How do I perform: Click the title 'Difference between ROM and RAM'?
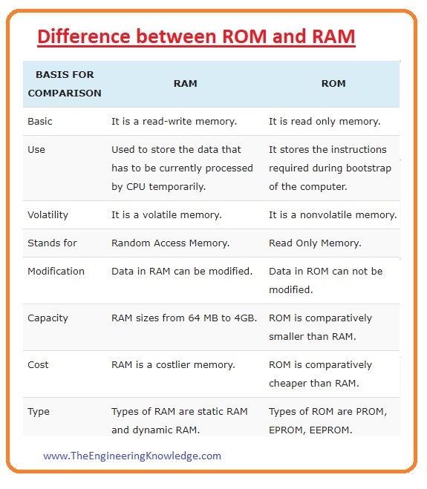coord(197,36)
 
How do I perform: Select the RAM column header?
coord(185,84)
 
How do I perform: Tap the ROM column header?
coord(333,84)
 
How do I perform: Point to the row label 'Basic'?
coord(40,121)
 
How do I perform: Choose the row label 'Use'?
coord(36,149)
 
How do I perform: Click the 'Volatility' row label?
coord(48,214)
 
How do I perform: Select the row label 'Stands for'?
coord(52,243)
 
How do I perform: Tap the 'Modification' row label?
coord(56,271)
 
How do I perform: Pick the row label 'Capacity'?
coord(48,318)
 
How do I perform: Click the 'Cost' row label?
coord(39,364)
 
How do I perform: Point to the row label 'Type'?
coord(39,411)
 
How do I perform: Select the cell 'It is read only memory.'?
coord(325,121)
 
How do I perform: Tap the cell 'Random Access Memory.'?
coord(170,243)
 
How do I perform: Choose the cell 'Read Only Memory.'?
coord(315,243)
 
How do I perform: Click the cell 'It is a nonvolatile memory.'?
coord(333,214)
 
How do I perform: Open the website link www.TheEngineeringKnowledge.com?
coord(132,456)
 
